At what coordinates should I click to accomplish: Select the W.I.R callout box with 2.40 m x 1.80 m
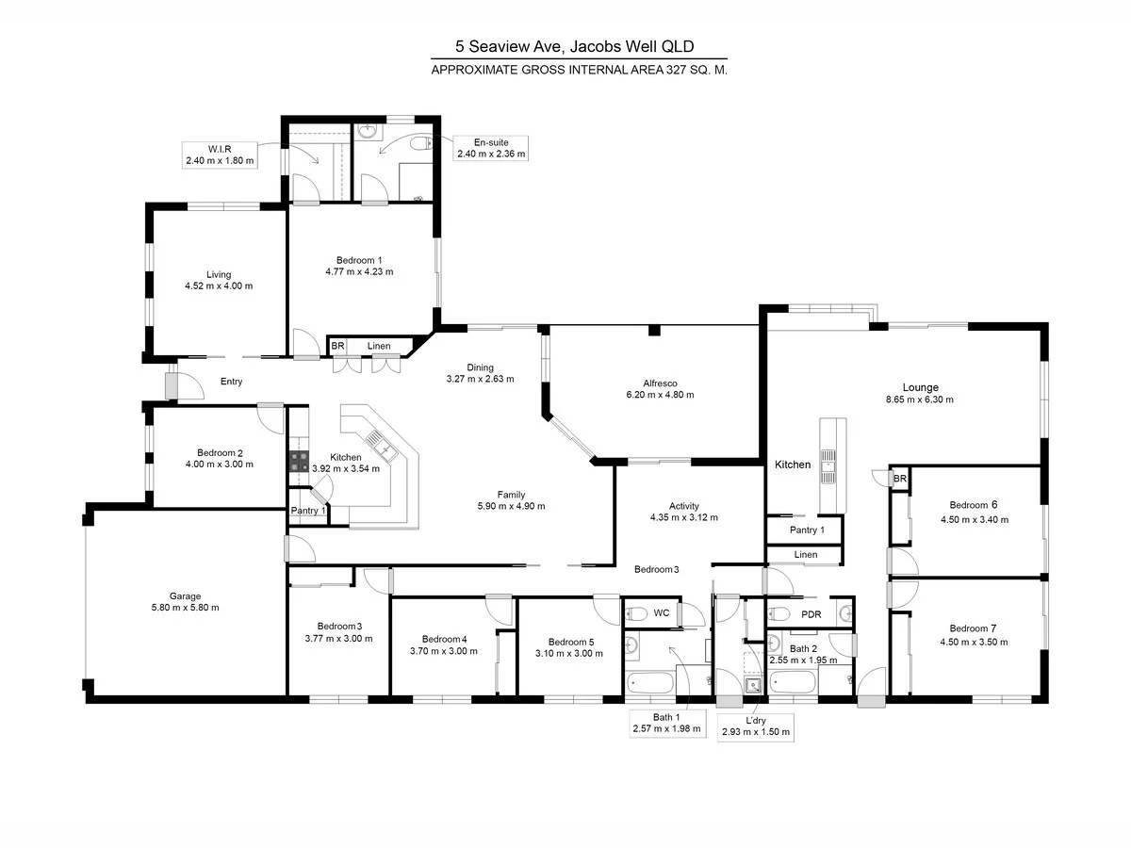(220, 155)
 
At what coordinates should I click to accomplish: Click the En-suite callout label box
(490, 148)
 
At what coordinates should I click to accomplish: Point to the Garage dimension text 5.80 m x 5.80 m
(185, 608)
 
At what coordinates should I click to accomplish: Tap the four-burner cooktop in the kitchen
(299, 461)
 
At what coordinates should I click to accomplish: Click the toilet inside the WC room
(636, 614)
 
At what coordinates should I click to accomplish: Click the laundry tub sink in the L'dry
(753, 685)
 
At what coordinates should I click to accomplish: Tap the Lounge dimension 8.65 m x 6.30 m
(920, 400)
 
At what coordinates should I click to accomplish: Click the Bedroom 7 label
(973, 628)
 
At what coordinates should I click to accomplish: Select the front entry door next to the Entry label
(172, 385)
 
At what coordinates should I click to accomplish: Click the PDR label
(811, 614)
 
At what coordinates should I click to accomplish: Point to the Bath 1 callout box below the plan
(667, 723)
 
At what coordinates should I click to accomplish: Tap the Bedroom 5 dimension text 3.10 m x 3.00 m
(568, 653)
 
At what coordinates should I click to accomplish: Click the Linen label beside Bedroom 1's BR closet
(379, 347)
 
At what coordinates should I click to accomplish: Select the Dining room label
(481, 367)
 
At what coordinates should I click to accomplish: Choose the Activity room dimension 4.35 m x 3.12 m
(683, 517)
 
